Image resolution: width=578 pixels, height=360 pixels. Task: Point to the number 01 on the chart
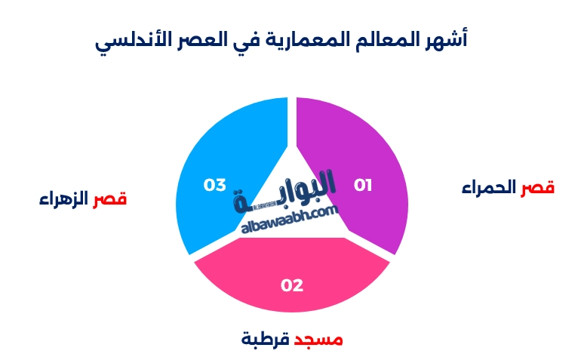(x=364, y=185)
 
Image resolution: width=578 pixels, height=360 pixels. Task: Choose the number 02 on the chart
(x=292, y=285)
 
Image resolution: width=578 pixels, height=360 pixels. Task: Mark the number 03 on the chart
(x=215, y=185)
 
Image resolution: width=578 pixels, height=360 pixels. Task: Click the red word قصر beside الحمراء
(x=538, y=188)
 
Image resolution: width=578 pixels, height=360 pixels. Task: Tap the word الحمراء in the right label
(x=490, y=188)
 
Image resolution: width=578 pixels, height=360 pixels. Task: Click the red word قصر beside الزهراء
(x=110, y=199)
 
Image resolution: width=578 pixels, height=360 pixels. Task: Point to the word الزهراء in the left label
(x=64, y=199)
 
